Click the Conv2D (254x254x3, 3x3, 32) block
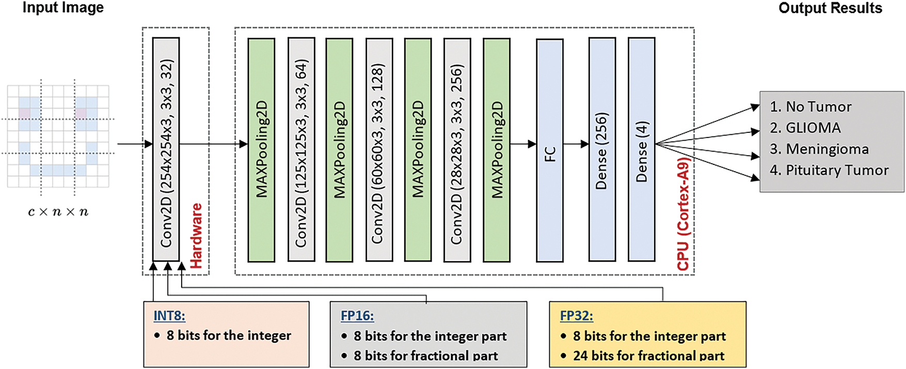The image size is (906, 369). click(166, 149)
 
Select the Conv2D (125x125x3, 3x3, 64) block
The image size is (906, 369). click(301, 149)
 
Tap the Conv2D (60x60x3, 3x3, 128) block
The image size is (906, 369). click(379, 149)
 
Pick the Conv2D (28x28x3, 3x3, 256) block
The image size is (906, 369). click(457, 149)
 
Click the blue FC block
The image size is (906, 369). click(549, 150)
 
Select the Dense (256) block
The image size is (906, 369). click(602, 149)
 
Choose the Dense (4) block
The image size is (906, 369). click(641, 149)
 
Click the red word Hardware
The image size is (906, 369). click(196, 236)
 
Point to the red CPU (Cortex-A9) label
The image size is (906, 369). click(683, 214)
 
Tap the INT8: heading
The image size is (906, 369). click(169, 316)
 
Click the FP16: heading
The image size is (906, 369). click(357, 316)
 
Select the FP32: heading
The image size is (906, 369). click(577, 316)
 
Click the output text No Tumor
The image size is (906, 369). click(818, 107)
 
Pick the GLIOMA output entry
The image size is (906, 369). click(813, 128)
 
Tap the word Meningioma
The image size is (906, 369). click(827, 149)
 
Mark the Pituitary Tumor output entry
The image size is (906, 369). click(837, 171)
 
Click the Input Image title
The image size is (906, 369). click(63, 8)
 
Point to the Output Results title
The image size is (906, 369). click(830, 8)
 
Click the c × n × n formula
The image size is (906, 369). click(58, 212)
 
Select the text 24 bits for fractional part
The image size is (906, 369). click(648, 356)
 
